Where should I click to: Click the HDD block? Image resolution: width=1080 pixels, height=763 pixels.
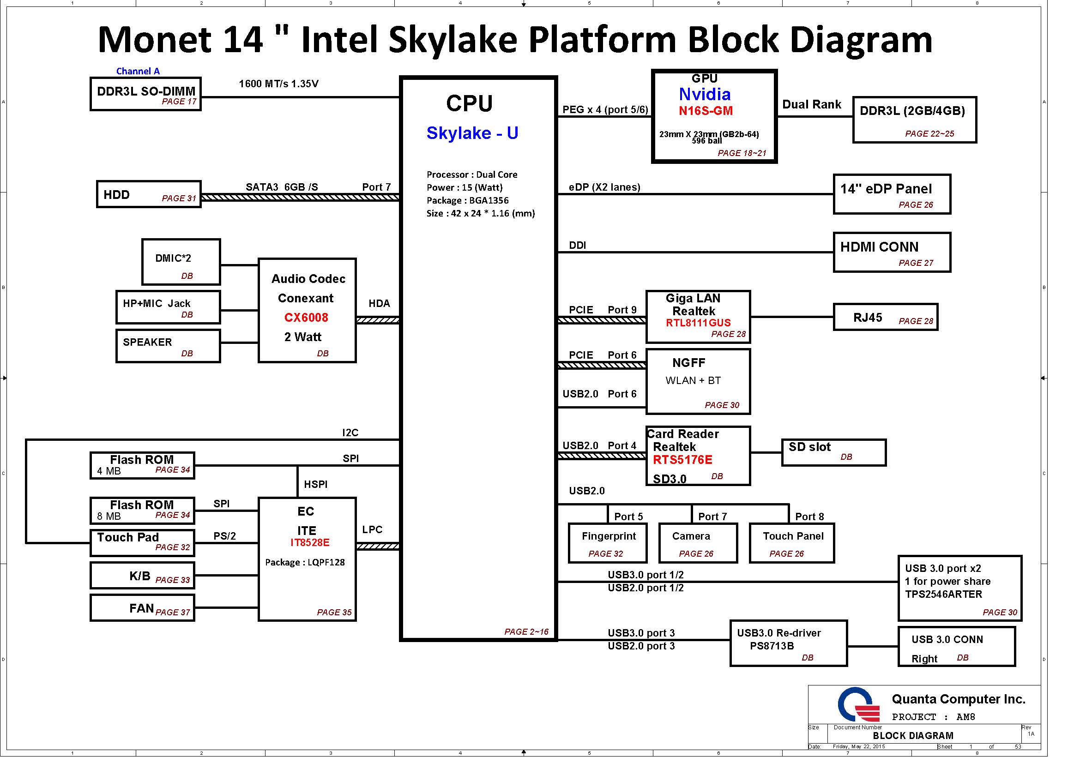click(x=149, y=194)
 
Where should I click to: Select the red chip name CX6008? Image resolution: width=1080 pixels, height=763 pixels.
click(x=306, y=318)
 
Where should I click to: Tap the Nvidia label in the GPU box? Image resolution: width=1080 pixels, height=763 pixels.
click(x=705, y=95)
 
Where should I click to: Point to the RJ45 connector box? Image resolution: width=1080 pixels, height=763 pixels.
click(x=885, y=317)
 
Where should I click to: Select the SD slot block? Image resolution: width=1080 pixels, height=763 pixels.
click(x=834, y=453)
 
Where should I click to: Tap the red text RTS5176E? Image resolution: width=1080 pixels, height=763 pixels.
click(x=682, y=460)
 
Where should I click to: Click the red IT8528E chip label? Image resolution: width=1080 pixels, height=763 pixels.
click(x=310, y=543)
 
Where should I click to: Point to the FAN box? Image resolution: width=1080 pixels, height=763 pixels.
click(x=142, y=608)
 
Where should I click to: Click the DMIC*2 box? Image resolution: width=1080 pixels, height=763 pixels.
click(x=181, y=262)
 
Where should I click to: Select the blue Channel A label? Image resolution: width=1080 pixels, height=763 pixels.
click(x=138, y=71)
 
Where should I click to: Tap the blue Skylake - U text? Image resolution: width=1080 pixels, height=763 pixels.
click(x=472, y=133)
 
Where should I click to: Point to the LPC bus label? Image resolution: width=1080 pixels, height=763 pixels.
click(x=372, y=530)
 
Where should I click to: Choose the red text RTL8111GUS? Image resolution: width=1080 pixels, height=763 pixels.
click(x=698, y=323)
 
